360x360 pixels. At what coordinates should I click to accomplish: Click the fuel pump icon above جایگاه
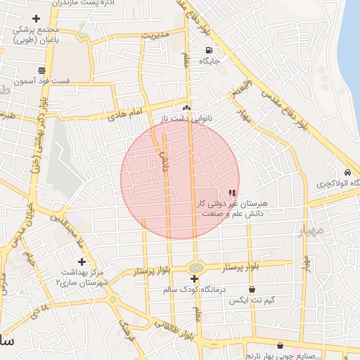(x=209, y=50)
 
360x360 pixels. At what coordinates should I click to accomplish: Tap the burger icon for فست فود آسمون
(x=42, y=70)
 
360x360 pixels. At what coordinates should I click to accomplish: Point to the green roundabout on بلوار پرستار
(x=195, y=267)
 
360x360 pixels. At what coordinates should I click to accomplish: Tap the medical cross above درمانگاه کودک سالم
(x=194, y=279)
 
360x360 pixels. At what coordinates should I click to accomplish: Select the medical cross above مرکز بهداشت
(x=82, y=262)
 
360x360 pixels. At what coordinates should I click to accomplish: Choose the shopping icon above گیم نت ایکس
(x=252, y=289)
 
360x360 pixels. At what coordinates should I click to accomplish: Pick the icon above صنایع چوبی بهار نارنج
(x=281, y=346)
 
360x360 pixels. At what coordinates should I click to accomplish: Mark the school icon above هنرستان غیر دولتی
(x=232, y=193)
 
